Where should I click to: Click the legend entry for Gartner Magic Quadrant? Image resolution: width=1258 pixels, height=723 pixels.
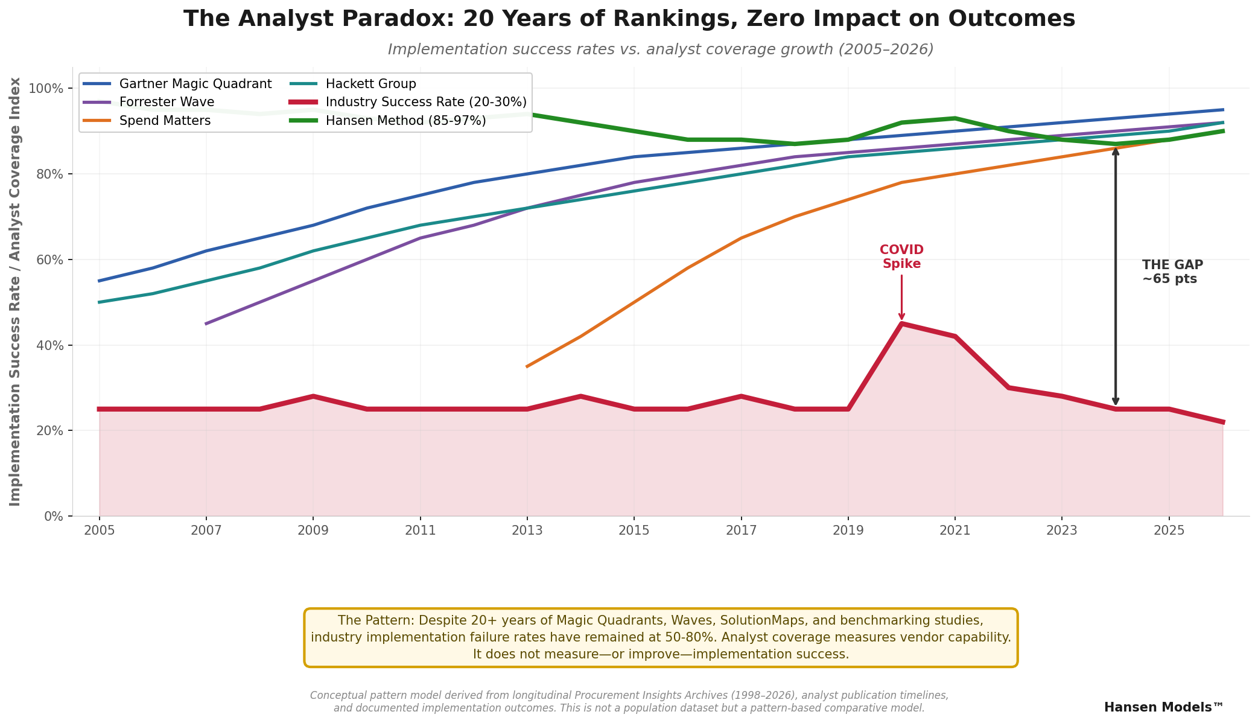click(x=195, y=84)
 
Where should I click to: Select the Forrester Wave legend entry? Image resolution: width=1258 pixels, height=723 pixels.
click(x=167, y=102)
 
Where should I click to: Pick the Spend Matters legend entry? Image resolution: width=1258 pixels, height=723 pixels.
click(x=165, y=121)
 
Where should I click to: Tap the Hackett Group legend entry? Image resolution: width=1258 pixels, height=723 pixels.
click(x=370, y=84)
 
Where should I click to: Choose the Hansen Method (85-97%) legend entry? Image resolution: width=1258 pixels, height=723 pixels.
click(x=405, y=121)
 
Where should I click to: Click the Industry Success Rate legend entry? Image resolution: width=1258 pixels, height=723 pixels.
click(x=426, y=102)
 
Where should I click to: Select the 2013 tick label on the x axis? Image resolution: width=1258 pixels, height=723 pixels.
click(x=527, y=530)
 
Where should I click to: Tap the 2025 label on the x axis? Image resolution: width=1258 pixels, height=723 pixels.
click(x=1169, y=530)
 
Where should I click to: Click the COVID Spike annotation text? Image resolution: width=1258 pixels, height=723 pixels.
click(x=901, y=257)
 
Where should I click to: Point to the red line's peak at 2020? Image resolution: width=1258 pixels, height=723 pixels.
click(x=901, y=324)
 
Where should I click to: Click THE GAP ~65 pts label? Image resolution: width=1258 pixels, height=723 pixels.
click(x=1172, y=272)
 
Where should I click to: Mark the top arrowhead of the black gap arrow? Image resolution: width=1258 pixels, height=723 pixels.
click(x=1116, y=150)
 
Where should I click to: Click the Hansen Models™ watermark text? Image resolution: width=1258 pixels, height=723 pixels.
click(x=1163, y=707)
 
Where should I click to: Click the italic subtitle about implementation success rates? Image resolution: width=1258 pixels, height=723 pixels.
click(x=660, y=49)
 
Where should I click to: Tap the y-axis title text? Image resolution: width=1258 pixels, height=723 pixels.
click(x=15, y=291)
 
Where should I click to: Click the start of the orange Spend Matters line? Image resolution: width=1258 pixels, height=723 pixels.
click(x=527, y=366)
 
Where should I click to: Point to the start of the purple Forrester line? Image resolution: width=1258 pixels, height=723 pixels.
click(x=206, y=323)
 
